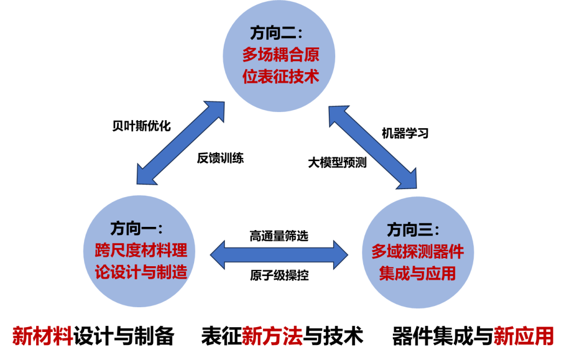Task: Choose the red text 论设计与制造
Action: pyautogui.click(x=141, y=272)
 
